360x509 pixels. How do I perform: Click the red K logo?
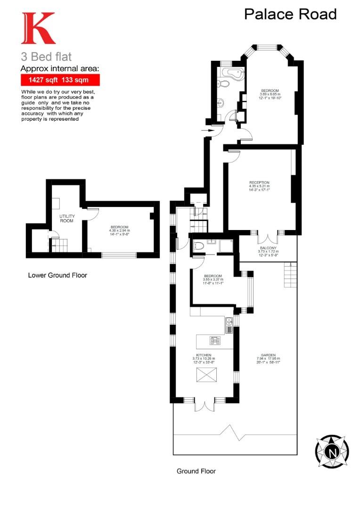point(38,29)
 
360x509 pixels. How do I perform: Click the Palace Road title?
point(290,14)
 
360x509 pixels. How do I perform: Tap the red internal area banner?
point(60,80)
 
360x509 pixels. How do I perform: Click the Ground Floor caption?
point(196,471)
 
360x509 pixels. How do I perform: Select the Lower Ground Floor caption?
point(57,275)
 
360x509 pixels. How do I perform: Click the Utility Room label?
point(66,218)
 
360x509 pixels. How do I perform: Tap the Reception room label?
point(259,182)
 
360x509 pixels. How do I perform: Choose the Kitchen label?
point(204,355)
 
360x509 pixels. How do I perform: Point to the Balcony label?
point(268,248)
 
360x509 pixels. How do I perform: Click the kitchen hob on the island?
point(215,341)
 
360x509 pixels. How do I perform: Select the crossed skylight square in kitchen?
point(204,376)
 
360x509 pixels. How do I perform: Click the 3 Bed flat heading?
point(46,57)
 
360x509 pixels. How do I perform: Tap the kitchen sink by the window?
point(229,322)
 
